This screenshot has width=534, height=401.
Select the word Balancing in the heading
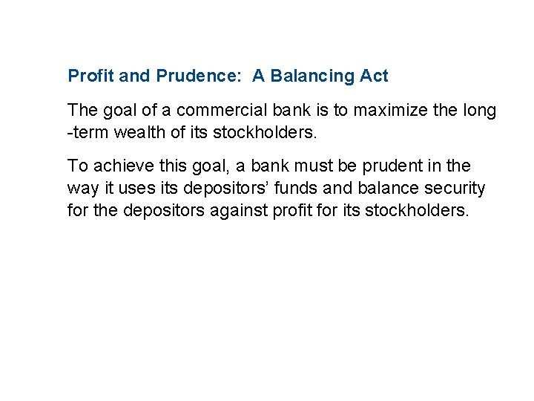point(311,76)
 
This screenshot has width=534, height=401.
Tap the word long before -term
point(479,111)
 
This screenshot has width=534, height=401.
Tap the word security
point(455,188)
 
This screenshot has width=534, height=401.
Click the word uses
point(150,188)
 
